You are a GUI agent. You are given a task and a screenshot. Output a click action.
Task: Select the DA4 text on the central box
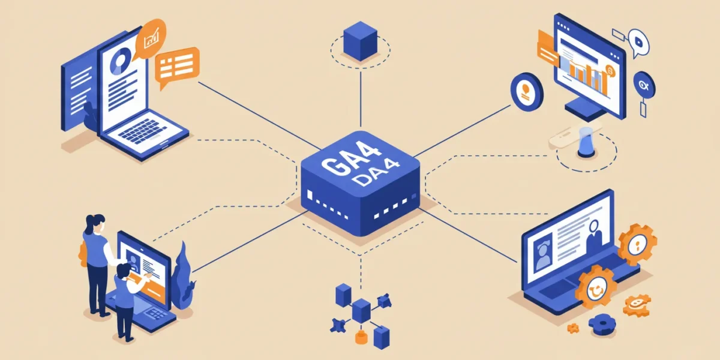[376, 173]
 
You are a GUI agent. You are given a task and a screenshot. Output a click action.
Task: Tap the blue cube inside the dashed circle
[361, 41]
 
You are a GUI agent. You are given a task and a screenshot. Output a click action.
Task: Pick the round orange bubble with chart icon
[151, 38]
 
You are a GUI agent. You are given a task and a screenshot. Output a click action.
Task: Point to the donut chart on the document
[121, 61]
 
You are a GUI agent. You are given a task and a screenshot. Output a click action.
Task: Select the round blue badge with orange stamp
[527, 92]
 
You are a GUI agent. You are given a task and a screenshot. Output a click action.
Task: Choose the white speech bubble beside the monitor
[638, 43]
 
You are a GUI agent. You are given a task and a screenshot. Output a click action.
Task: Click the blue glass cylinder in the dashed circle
[586, 142]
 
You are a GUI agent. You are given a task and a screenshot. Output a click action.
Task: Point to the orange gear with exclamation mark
[637, 245]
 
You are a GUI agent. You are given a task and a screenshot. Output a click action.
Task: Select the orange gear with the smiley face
[596, 287]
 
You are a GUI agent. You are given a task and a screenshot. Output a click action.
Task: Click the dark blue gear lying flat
[602, 324]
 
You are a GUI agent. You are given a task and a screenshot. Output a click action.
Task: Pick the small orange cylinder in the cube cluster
[361, 337]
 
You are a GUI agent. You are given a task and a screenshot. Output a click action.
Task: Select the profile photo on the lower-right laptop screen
[542, 251]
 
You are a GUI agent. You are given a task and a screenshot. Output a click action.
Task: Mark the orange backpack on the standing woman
[83, 254]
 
